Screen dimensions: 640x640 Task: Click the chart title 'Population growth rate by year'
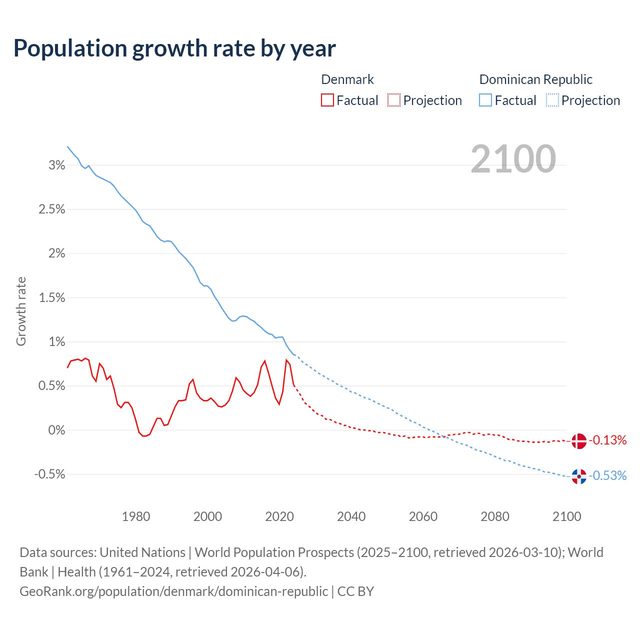[174, 48]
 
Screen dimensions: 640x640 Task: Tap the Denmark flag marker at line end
[578, 441]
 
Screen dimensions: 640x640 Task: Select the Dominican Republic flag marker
[578, 476]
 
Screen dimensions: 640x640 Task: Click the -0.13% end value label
[607, 440]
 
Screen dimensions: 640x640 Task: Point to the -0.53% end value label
[607, 475]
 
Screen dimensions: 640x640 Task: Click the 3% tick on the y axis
[57, 165]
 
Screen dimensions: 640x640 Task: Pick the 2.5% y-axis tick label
[52, 209]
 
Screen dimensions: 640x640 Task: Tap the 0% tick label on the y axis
[57, 430]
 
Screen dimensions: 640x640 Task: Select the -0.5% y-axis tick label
[50, 474]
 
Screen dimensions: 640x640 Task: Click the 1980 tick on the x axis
[136, 516]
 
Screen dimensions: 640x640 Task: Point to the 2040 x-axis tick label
[351, 516]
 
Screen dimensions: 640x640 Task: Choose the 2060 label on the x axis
[423, 516]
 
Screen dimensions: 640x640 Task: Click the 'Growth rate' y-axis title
[21, 311]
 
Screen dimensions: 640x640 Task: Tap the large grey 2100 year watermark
[513, 159]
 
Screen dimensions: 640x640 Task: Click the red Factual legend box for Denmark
[327, 100]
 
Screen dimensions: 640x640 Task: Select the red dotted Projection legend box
[394, 100]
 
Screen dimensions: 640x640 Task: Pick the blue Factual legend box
[485, 100]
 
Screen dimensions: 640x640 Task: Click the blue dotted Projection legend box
[552, 100]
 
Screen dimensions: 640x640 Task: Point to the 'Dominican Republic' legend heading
[535, 79]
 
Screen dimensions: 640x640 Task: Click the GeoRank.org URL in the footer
[174, 591]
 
